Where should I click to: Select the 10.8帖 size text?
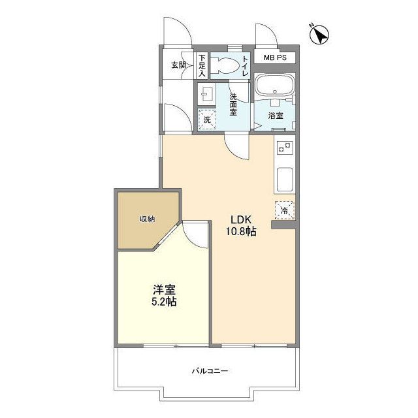pyautogui.click(x=242, y=231)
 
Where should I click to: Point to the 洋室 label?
pyautogui.click(x=164, y=289)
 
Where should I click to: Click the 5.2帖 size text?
pyautogui.click(x=164, y=302)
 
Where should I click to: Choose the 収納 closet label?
pyautogui.click(x=147, y=219)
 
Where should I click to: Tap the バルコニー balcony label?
pyautogui.click(x=210, y=371)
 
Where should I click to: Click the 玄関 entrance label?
pyautogui.click(x=178, y=65)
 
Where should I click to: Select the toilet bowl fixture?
pyautogui.click(x=226, y=65)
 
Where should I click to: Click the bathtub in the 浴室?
pyautogui.click(x=274, y=85)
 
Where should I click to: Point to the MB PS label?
pyautogui.click(x=274, y=58)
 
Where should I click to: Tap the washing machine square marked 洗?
pyautogui.click(x=207, y=120)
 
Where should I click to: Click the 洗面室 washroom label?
pyautogui.click(x=233, y=104)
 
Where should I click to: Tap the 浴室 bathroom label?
pyautogui.click(x=276, y=116)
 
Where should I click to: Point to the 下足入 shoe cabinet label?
pyautogui.click(x=202, y=65)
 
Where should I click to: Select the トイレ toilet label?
pyautogui.click(x=246, y=66)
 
